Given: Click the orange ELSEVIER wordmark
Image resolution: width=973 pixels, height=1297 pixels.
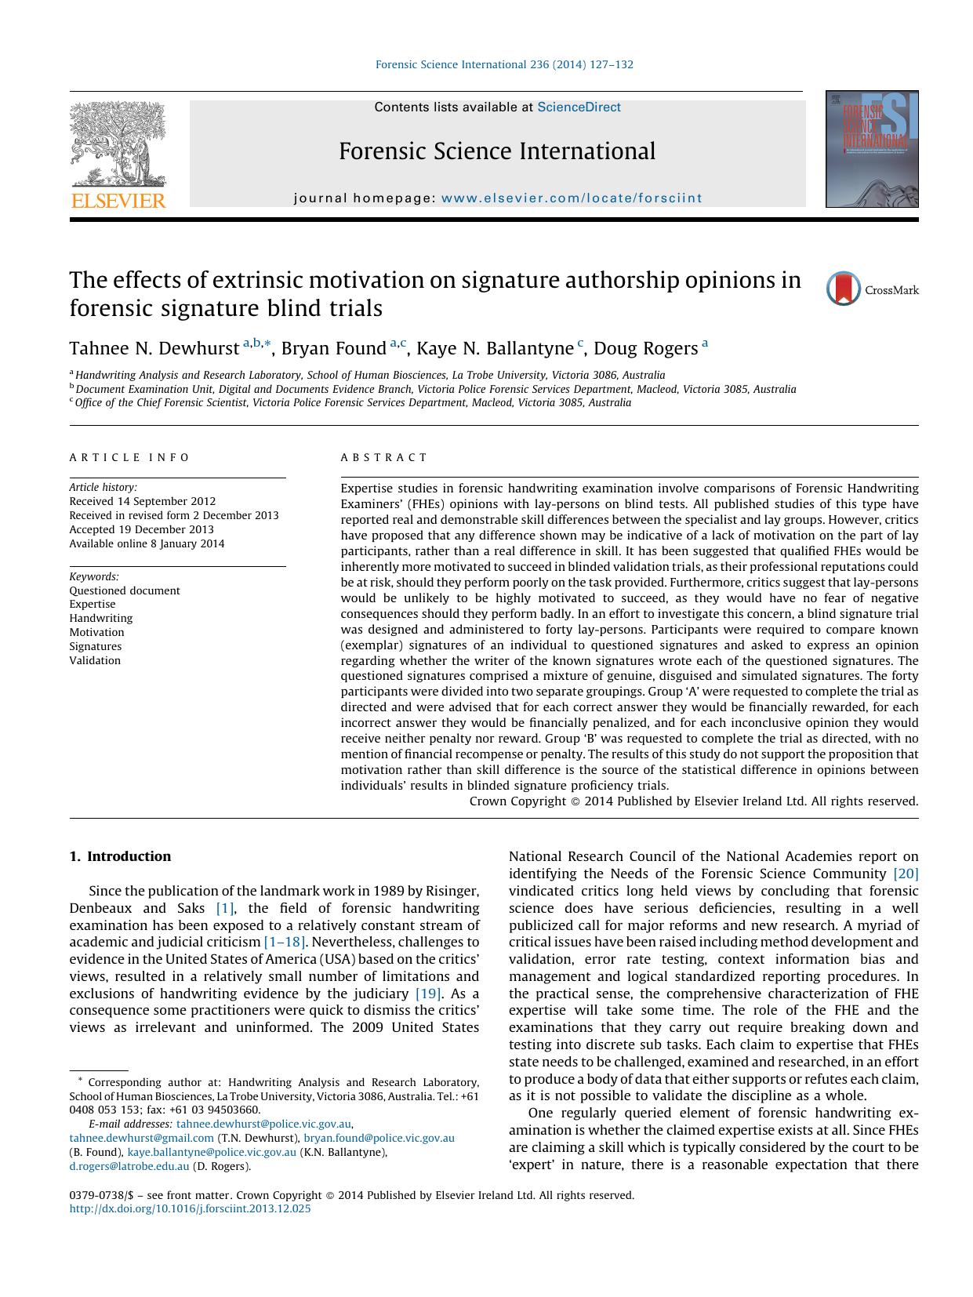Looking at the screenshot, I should [x=118, y=201].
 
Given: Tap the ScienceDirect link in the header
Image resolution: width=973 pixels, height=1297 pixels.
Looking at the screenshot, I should [x=579, y=107].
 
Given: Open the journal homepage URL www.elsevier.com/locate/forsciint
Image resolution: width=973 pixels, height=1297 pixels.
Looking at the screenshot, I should [x=572, y=198].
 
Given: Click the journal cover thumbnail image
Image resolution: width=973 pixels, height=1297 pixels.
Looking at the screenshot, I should [x=871, y=149].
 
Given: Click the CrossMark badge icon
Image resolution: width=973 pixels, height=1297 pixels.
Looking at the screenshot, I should [x=844, y=289].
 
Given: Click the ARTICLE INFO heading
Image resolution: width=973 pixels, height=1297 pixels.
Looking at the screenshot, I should [x=129, y=457].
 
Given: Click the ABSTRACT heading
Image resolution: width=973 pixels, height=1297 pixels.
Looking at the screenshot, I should [x=384, y=457].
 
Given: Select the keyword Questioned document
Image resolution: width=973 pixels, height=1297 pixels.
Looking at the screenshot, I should [x=125, y=590].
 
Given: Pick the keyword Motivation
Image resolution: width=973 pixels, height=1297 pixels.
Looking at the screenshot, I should [x=96, y=632].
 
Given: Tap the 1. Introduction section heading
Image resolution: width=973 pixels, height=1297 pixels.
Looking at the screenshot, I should [x=120, y=856].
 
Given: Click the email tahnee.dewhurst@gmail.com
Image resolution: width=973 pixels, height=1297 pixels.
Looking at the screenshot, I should [x=141, y=1138].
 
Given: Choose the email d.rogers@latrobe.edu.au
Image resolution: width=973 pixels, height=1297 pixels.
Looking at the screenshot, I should [x=129, y=1166].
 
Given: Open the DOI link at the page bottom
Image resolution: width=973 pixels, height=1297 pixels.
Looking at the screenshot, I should [x=190, y=1208].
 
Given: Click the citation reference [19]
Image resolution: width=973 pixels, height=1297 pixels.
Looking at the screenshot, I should [x=427, y=994].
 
